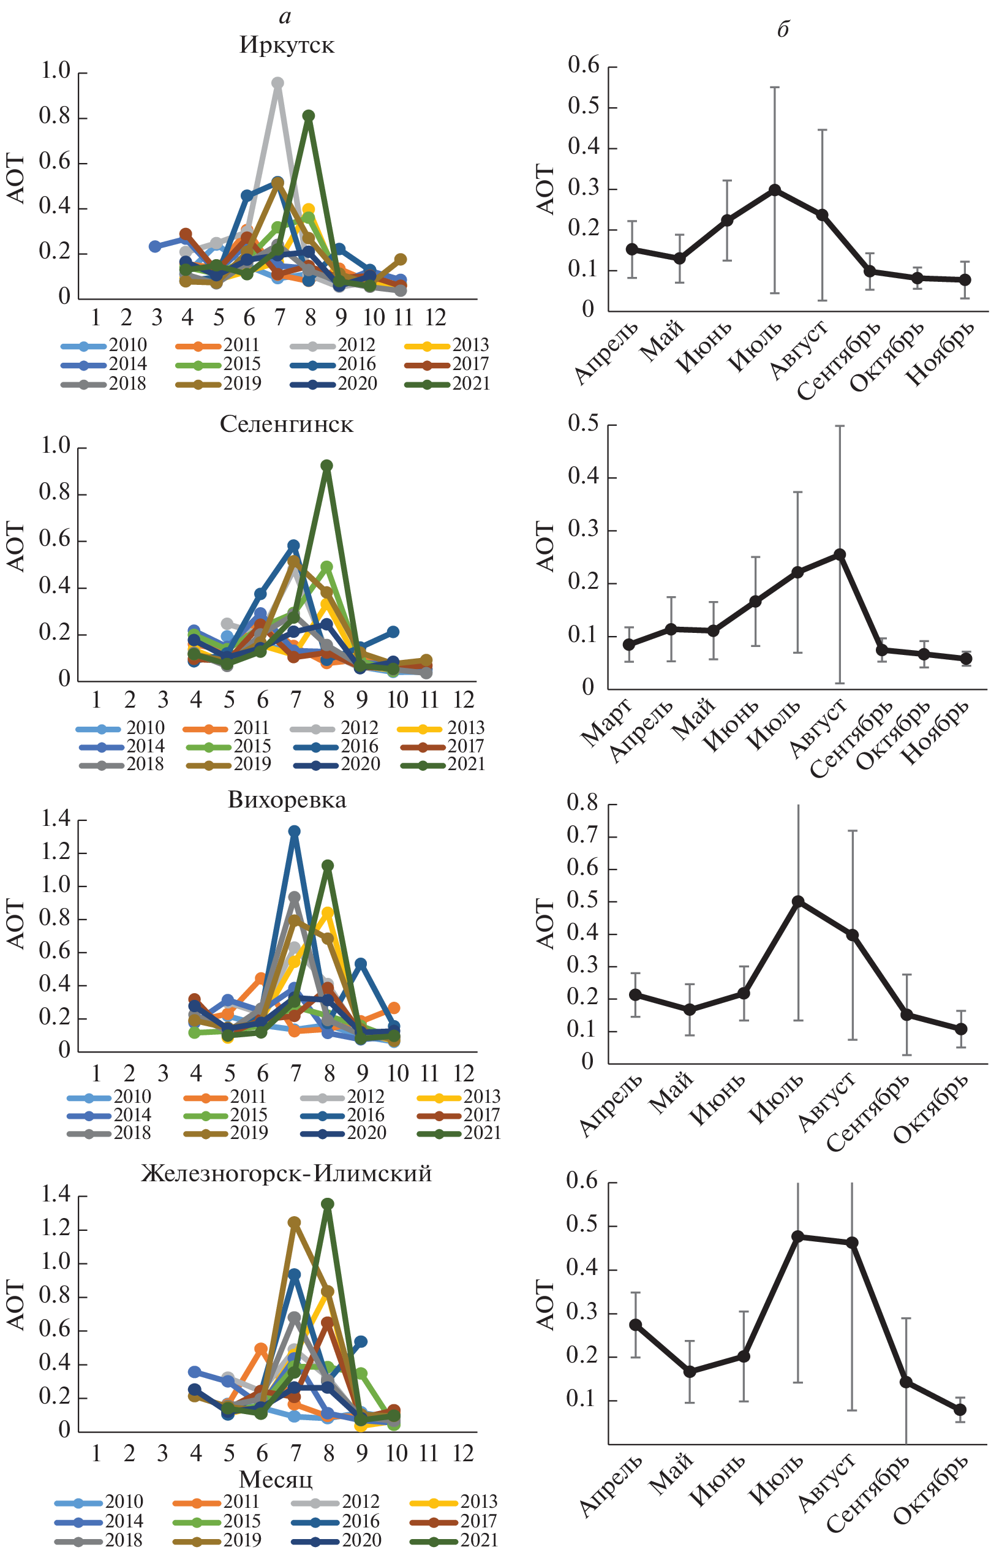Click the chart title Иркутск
tap(287, 45)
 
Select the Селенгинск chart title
tap(287, 424)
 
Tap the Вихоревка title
tap(287, 800)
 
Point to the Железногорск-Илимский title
tap(287, 1173)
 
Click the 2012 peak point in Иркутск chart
tap(277, 83)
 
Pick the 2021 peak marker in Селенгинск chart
tap(326, 466)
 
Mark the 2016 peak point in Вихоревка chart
tap(295, 831)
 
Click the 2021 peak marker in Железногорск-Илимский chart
tap(327, 1205)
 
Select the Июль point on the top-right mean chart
tap(775, 191)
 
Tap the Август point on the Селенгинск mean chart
tap(840, 554)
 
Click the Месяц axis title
tap(276, 1480)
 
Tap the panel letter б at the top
tap(783, 29)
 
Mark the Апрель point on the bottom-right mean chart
tap(636, 1325)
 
